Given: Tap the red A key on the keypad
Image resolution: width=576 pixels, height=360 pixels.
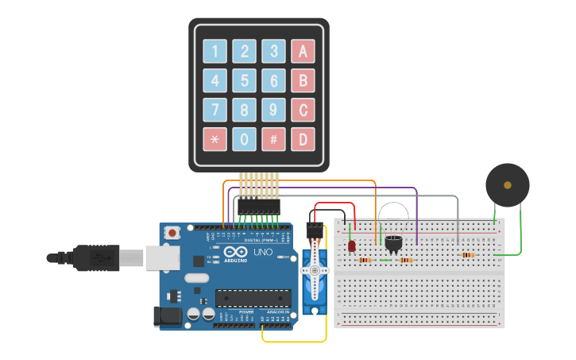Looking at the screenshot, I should tap(302, 52).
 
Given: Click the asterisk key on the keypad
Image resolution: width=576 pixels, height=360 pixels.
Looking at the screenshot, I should tap(215, 140).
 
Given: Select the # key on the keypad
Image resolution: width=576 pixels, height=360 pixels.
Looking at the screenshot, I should tap(273, 140).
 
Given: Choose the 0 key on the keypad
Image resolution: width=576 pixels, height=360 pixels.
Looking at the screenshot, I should tap(244, 140).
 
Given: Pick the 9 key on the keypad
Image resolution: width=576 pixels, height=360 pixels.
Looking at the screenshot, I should tap(273, 110).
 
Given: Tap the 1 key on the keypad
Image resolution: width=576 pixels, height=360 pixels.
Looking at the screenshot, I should tap(215, 52).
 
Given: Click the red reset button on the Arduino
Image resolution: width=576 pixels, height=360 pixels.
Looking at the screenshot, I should tap(172, 234).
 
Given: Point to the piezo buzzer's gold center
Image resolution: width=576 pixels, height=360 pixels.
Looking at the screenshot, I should tap(508, 185).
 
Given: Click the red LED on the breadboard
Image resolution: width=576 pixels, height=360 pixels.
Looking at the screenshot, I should tap(352, 246).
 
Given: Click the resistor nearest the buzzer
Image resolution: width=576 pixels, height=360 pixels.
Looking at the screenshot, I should tap(468, 255).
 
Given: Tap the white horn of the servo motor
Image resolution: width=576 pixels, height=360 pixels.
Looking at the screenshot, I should tap(315, 270).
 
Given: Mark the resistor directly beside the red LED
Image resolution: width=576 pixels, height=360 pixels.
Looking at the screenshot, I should tap(365, 260).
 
